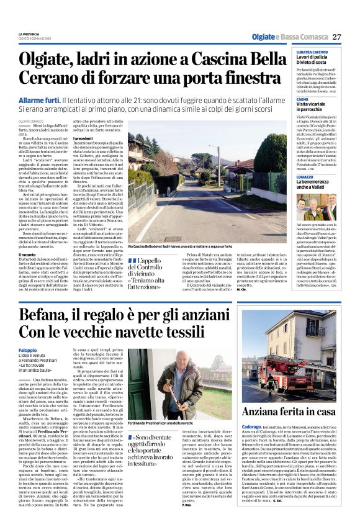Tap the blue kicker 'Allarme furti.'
pyautogui.click(x=40, y=100)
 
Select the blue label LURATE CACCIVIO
pyautogui.click(x=294, y=53)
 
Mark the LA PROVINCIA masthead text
pyautogui.click(x=29, y=34)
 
